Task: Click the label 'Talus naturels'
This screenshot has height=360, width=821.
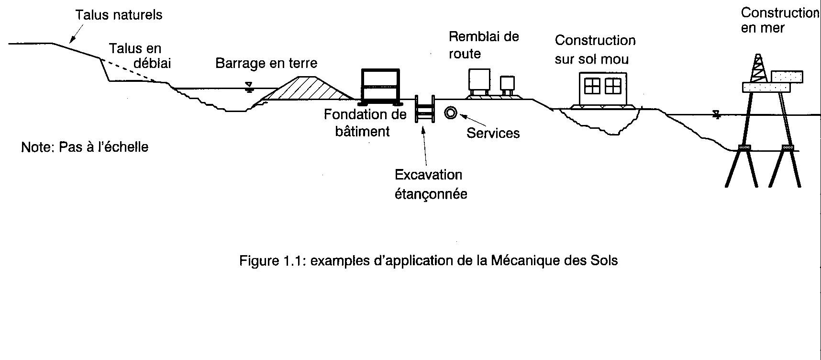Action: click(x=119, y=15)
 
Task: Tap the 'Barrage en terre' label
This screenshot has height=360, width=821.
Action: click(x=266, y=63)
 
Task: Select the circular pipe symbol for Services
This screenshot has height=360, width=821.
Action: click(x=451, y=113)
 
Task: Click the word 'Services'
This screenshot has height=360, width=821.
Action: click(x=493, y=133)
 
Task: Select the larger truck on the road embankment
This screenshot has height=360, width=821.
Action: click(x=479, y=80)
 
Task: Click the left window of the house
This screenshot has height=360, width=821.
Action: click(x=592, y=86)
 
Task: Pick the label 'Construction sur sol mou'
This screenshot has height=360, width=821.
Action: click(x=595, y=50)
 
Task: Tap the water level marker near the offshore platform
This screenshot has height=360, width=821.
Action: click(x=716, y=114)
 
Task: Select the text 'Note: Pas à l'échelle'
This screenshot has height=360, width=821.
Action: click(x=85, y=147)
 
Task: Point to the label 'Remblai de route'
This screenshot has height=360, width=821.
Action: click(x=483, y=45)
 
